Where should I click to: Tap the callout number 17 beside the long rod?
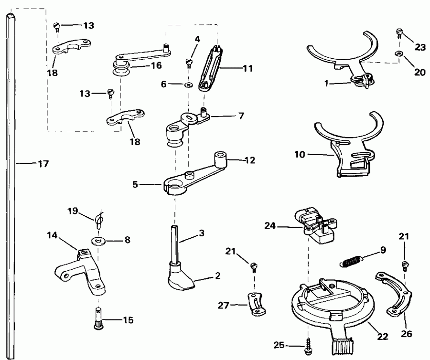[43, 163]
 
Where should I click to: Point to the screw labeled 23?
[399, 33]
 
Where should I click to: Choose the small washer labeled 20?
[398, 54]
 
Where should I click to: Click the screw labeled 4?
[189, 62]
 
